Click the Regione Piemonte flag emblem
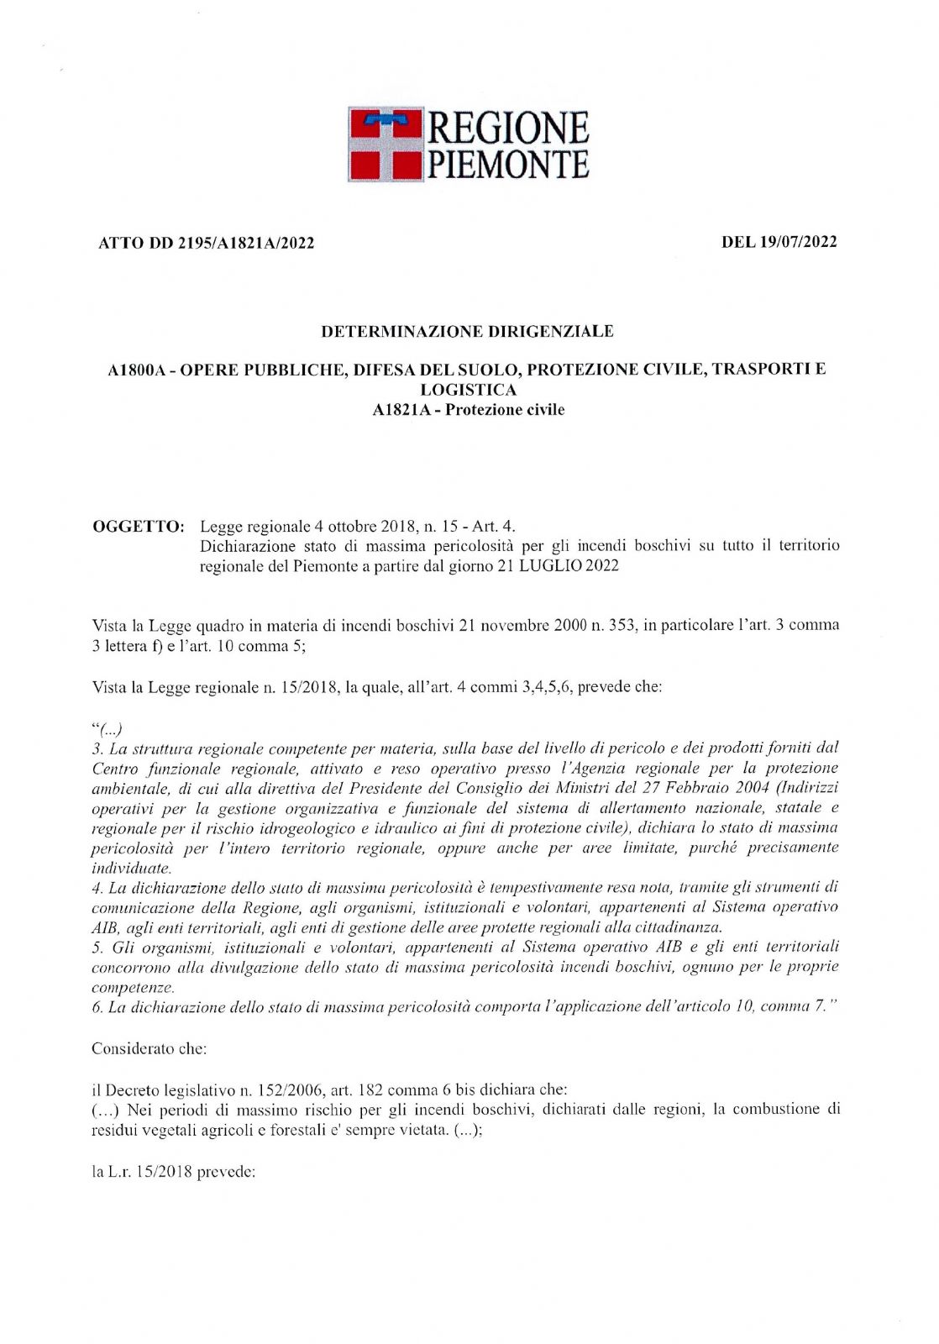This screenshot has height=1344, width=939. (386, 144)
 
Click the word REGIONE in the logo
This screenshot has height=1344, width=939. (509, 129)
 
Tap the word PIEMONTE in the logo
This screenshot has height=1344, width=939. (509, 164)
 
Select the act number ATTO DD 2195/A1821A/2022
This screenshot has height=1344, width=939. (207, 244)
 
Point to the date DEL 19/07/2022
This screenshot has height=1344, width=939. (779, 242)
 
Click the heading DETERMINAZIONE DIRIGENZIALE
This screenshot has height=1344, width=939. (468, 332)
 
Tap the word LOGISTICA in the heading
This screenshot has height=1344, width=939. (468, 390)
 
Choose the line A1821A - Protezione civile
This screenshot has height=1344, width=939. (468, 410)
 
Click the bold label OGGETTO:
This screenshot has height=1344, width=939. (138, 527)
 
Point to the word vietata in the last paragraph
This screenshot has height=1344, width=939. (417, 1130)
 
